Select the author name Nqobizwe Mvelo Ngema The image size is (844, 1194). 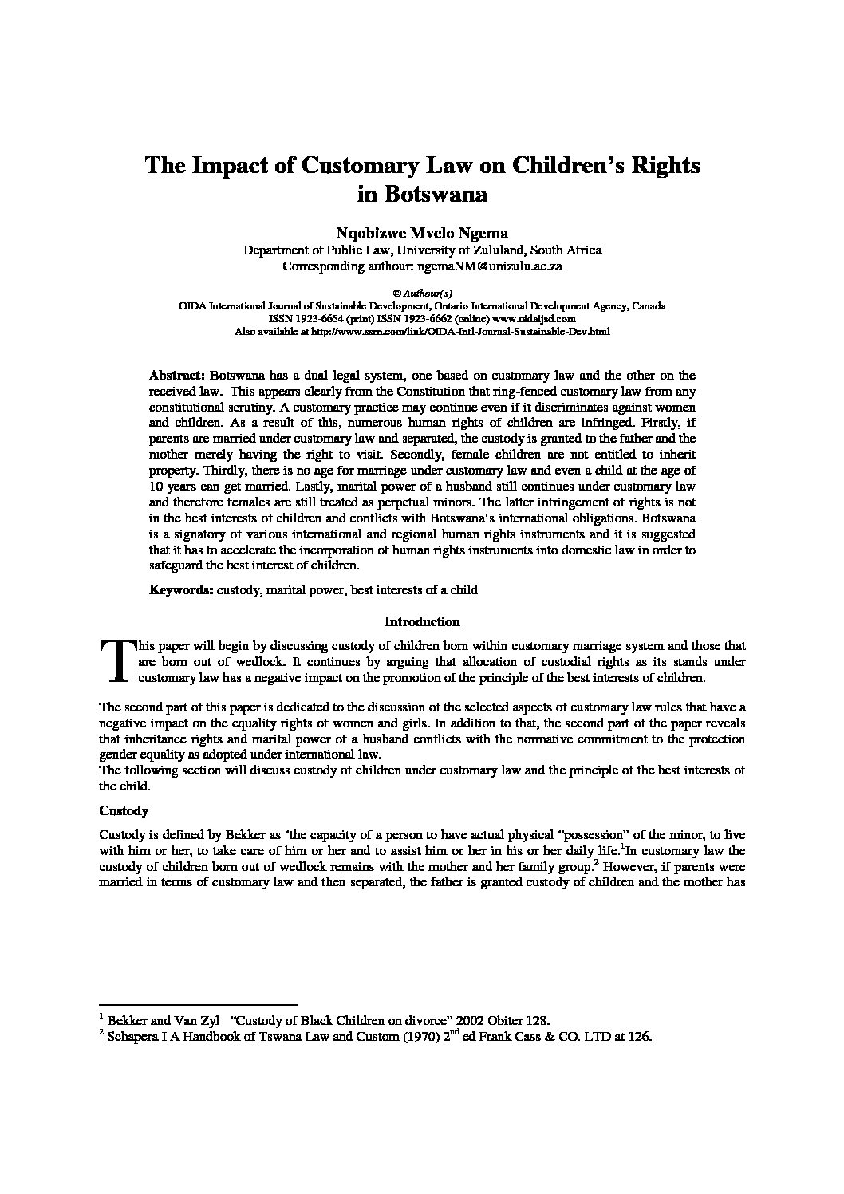pos(422,233)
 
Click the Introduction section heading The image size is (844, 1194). pos(422,621)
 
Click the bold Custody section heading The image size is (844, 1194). pos(124,811)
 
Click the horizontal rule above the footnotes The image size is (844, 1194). pos(198,1004)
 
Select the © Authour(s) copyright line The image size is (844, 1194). pos(422,294)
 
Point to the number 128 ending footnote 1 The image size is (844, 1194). pos(536,1020)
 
